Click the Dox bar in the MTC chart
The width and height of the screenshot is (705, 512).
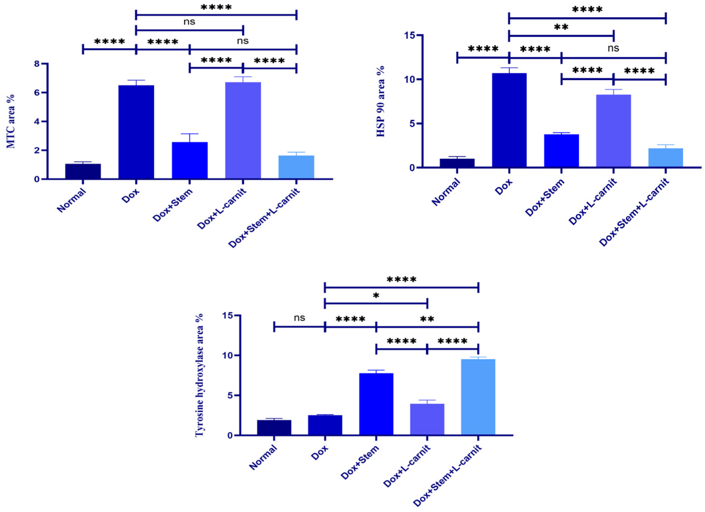[x=136, y=132]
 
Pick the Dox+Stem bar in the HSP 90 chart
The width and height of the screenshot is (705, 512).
[x=561, y=151]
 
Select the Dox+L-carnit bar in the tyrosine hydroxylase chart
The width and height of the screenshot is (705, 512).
[x=427, y=419]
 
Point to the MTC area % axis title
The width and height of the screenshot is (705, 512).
[x=11, y=121]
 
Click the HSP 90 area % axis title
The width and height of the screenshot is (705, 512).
[x=381, y=101]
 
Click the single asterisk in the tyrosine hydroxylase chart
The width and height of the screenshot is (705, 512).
[x=376, y=296]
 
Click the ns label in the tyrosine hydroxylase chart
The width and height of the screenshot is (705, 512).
[x=299, y=318]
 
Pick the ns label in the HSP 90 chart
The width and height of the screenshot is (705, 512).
[x=613, y=48]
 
